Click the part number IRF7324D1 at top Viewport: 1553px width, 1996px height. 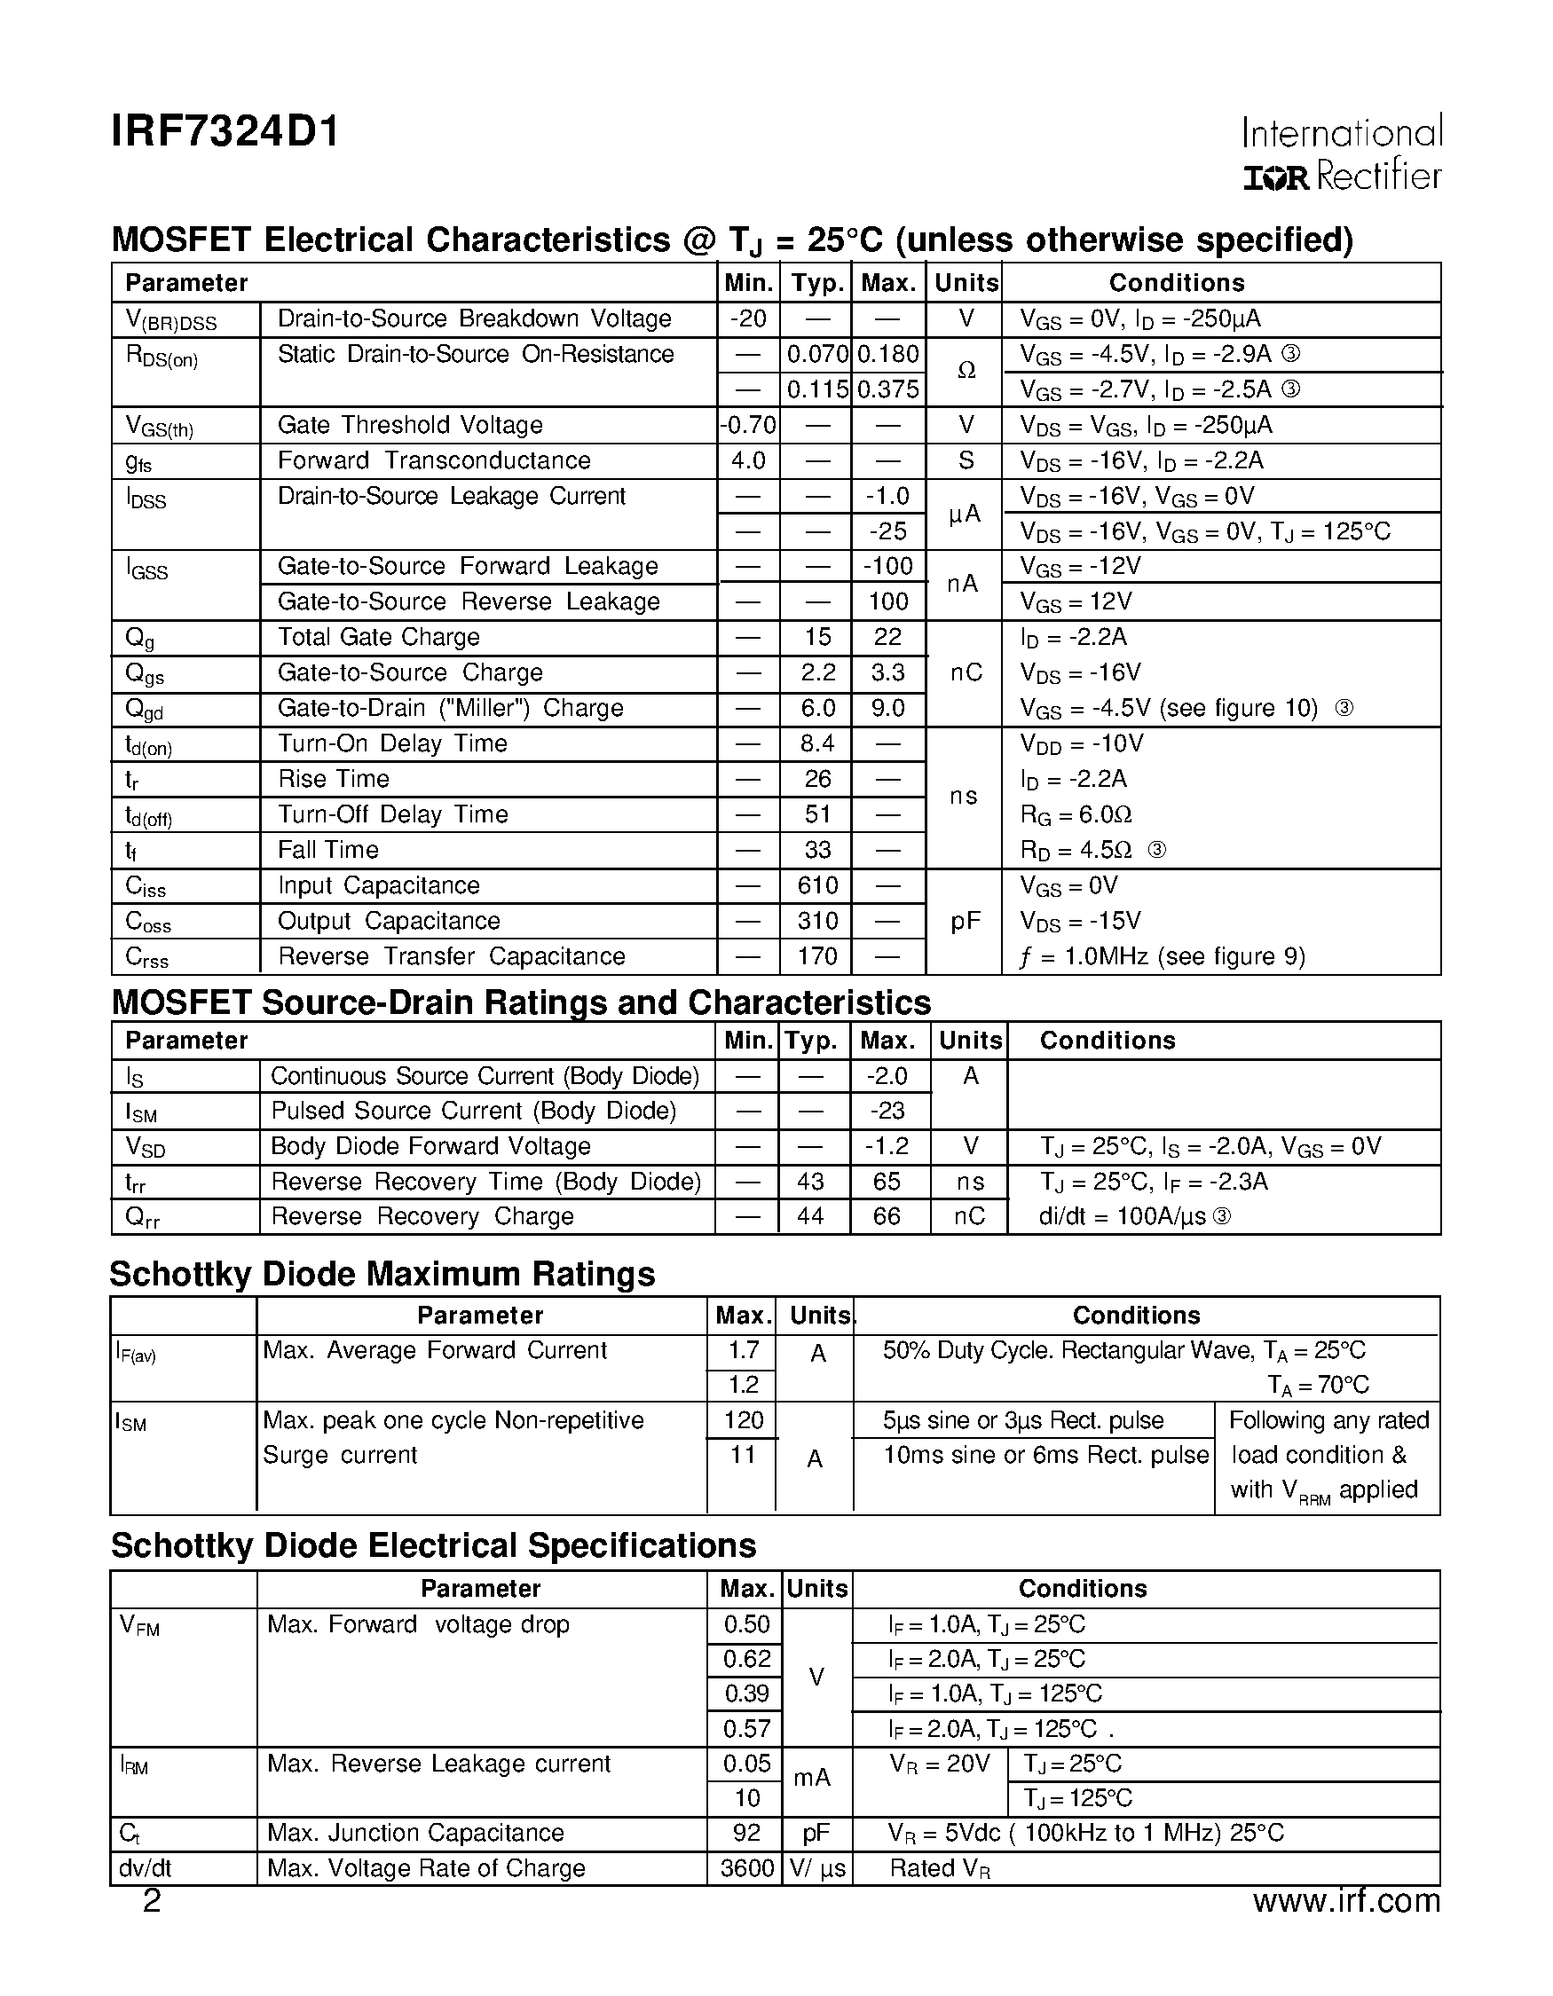click(x=225, y=131)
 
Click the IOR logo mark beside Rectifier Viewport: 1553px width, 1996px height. click(x=1276, y=178)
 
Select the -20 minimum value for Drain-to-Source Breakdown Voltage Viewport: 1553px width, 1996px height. click(x=748, y=319)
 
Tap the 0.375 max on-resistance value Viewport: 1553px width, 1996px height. click(x=887, y=389)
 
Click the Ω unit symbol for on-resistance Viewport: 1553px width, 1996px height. click(x=966, y=371)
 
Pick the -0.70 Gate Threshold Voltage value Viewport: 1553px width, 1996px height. click(x=748, y=425)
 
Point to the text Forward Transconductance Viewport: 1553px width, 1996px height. click(x=434, y=460)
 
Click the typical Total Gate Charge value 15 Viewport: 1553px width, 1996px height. click(x=817, y=637)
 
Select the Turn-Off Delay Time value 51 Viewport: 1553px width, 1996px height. click(x=817, y=814)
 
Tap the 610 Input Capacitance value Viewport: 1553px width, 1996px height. click(x=817, y=885)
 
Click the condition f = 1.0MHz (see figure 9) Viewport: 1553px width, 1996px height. click(x=1162, y=957)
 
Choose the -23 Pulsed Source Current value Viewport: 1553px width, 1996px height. click(x=887, y=1111)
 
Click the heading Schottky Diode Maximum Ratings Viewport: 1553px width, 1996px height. click(x=382, y=1274)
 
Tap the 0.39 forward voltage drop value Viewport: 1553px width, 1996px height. click(x=745, y=1693)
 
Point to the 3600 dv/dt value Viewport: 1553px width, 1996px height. click(x=745, y=1868)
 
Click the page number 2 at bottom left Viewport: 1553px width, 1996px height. click(x=152, y=1902)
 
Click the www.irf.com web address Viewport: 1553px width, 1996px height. click(x=1345, y=1902)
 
